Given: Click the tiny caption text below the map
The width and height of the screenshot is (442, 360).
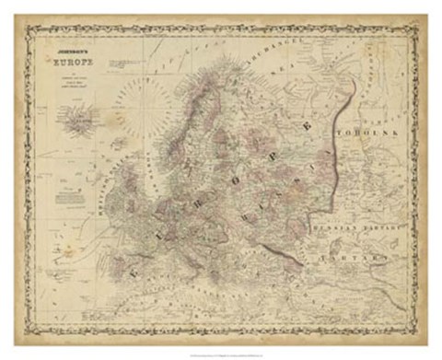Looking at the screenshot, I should (221, 351).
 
